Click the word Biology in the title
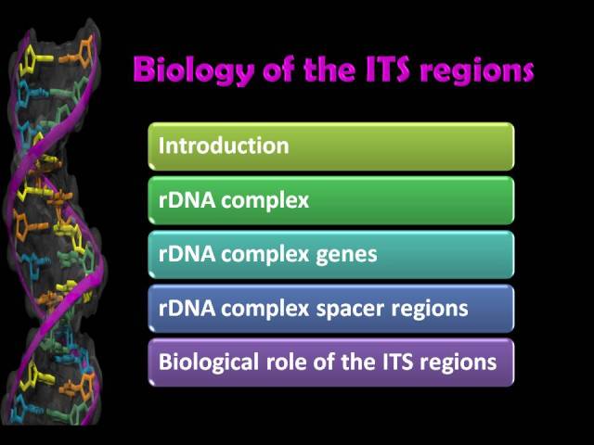(194, 70)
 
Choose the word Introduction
(224, 146)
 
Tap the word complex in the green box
(265, 201)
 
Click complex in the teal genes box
(265, 256)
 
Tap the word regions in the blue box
(430, 310)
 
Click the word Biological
(209, 362)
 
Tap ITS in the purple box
(397, 362)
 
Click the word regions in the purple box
(458, 363)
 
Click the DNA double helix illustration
(53, 223)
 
